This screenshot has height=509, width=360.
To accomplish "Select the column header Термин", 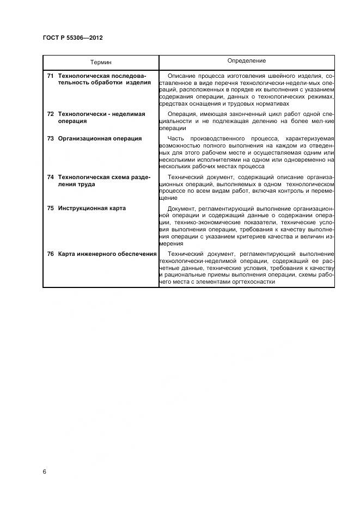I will coord(101,63).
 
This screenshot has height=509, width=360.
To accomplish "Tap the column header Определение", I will coord(247,61).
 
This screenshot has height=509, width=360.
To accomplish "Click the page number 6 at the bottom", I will coord(45,471).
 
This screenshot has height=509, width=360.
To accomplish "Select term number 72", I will coord(50,114).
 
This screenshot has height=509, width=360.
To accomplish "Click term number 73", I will coord(50,138).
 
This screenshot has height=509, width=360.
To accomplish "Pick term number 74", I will coord(50,177).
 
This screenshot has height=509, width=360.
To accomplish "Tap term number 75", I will coord(50,208).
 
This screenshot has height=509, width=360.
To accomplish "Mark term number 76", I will coord(50,254).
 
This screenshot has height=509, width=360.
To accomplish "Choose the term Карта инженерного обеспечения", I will coord(107,254).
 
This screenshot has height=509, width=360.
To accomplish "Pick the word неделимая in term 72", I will coord(127,114).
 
